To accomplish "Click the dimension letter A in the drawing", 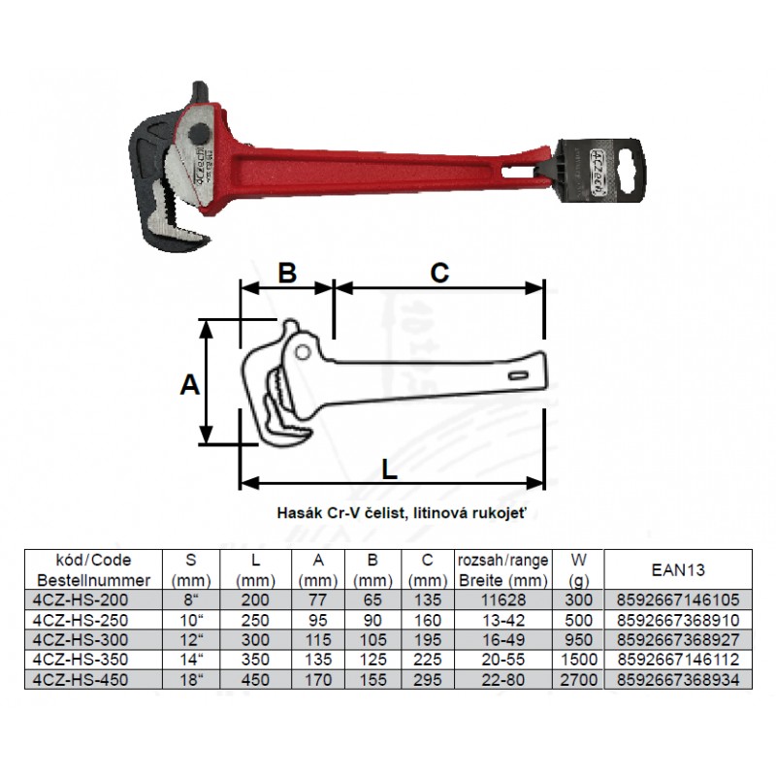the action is [x=189, y=384].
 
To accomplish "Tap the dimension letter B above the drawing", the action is [x=287, y=273].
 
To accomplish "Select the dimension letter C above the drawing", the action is [x=439, y=273].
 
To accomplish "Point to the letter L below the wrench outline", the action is [x=390, y=469].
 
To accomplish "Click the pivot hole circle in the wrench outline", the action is [x=303, y=352].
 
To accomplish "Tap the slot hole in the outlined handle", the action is [x=519, y=376].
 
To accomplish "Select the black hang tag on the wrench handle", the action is [x=600, y=172].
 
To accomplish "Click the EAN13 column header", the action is [x=678, y=570].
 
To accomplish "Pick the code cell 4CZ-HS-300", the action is [x=81, y=640].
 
